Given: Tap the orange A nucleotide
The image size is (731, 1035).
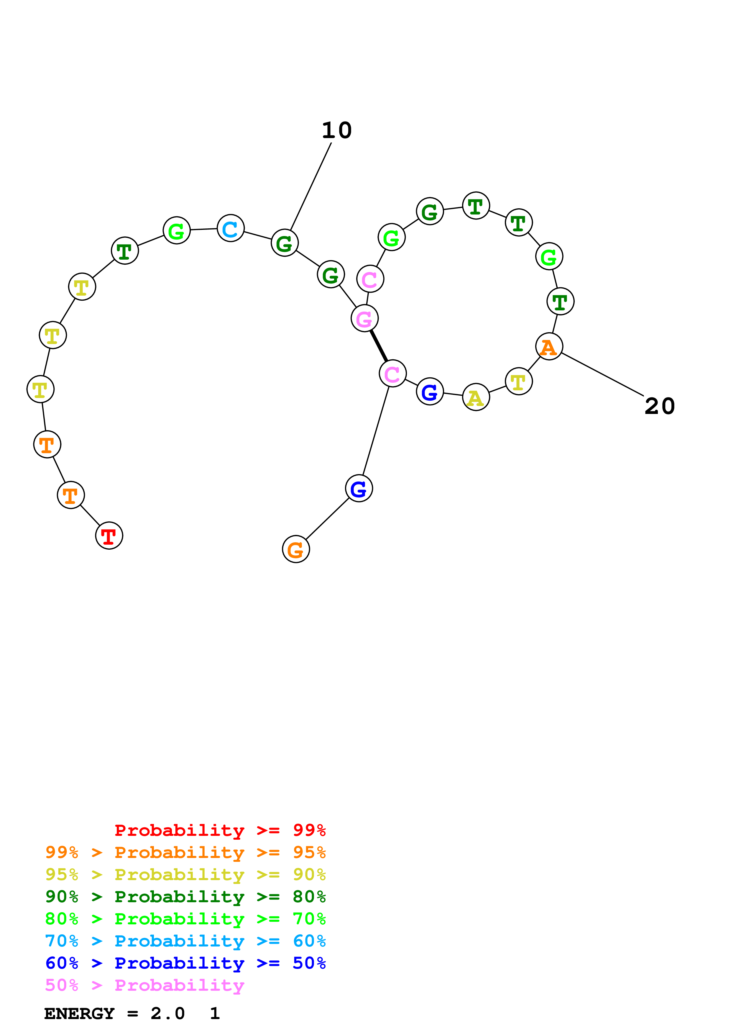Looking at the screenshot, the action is click(x=549, y=347).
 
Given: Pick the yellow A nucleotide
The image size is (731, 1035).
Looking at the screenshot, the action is click(x=476, y=397).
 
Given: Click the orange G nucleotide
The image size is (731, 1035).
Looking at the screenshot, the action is click(x=296, y=549).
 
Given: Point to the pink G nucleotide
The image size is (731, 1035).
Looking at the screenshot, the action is click(x=364, y=318).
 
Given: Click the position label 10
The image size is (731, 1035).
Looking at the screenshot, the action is click(x=336, y=130).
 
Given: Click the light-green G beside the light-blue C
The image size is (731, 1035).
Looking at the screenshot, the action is click(x=177, y=230).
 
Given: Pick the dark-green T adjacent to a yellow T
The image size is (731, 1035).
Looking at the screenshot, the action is click(x=125, y=250).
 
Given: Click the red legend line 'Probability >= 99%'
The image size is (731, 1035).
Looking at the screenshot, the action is click(x=220, y=830).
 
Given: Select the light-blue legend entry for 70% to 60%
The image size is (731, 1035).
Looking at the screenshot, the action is click(x=185, y=941).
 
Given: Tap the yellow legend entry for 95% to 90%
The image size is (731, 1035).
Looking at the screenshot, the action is click(x=185, y=874).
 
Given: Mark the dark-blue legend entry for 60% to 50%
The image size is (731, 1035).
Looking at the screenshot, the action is click(x=185, y=963).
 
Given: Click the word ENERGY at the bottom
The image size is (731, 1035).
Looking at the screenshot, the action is click(x=79, y=1013).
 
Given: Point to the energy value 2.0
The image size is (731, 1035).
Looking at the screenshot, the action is click(x=167, y=1013).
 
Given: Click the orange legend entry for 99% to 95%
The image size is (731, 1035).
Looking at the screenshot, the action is click(x=185, y=852).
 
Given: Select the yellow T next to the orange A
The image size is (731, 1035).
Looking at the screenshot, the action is click(x=519, y=381).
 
